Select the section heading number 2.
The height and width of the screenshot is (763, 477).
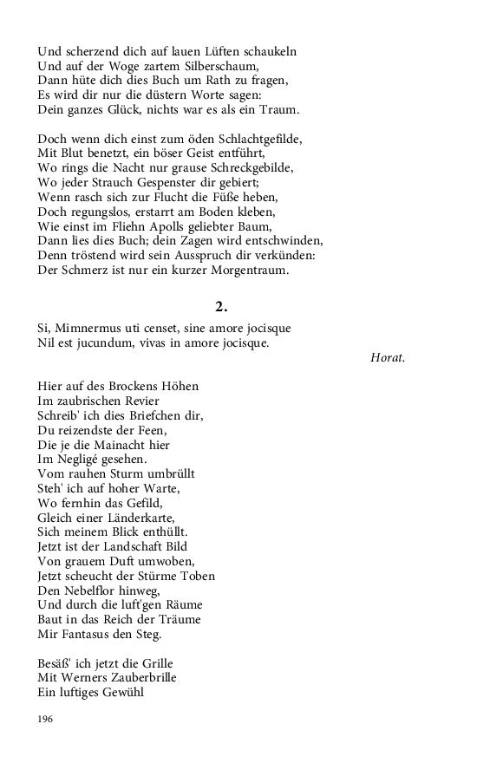pyautogui.click(x=221, y=305)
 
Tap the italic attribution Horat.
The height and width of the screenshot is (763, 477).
pyautogui.click(x=387, y=357)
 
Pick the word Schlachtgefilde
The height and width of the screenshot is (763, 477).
pyautogui.click(x=258, y=139)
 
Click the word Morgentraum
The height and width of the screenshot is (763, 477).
pyautogui.click(x=244, y=271)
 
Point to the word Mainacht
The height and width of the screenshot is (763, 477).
pyautogui.click(x=116, y=444)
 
